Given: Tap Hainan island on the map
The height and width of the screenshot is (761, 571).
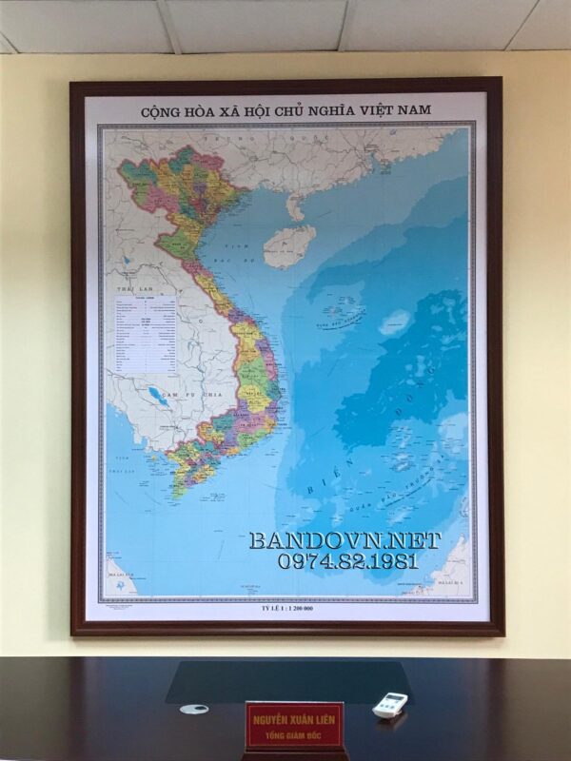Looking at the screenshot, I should [x=289, y=245].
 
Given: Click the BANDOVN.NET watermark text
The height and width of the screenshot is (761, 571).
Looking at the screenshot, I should [x=345, y=539].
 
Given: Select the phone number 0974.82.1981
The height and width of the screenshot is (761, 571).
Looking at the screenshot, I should [x=348, y=561].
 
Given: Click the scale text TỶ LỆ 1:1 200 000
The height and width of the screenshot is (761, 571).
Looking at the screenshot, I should [x=286, y=609].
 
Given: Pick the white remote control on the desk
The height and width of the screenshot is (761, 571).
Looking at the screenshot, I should [x=390, y=704].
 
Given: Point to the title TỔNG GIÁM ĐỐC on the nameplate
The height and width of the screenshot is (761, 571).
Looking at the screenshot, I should [x=294, y=735].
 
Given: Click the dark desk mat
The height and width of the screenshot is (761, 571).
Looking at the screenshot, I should [x=285, y=680].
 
